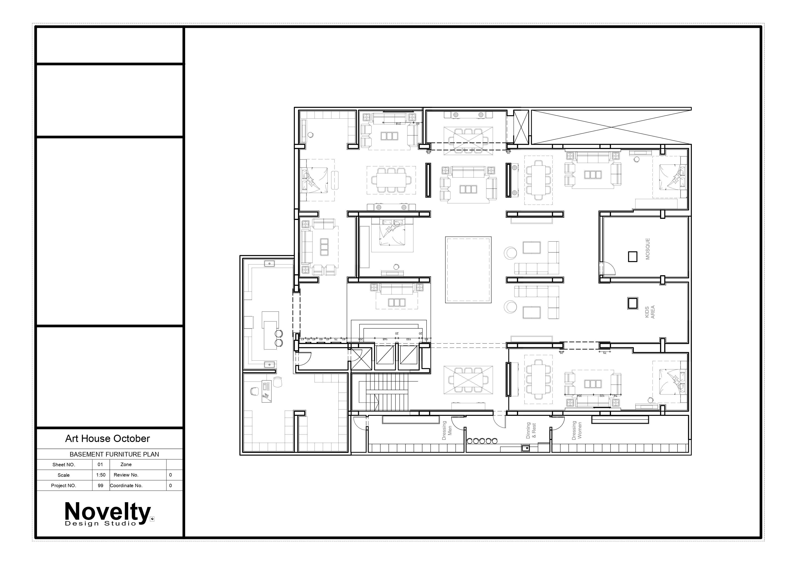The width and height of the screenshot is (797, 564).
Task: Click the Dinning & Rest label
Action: pyautogui.click(x=531, y=431)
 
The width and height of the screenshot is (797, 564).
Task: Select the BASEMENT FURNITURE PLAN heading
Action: pyautogui.click(x=114, y=454)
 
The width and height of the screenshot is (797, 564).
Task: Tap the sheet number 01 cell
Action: pyautogui.click(x=100, y=464)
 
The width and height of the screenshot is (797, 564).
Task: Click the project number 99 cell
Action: pyautogui.click(x=100, y=486)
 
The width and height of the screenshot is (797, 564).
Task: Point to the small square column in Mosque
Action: pyautogui.click(x=633, y=257)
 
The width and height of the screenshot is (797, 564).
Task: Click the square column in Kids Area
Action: pyautogui.click(x=633, y=303)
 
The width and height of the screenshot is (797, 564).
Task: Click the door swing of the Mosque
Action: pyautogui.click(x=608, y=268)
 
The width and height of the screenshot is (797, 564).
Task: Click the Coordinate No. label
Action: pyautogui.click(x=126, y=486)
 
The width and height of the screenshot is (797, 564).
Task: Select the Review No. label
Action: pyautogui.click(x=126, y=475)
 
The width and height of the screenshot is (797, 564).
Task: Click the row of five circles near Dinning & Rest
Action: pyautogui.click(x=482, y=441)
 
